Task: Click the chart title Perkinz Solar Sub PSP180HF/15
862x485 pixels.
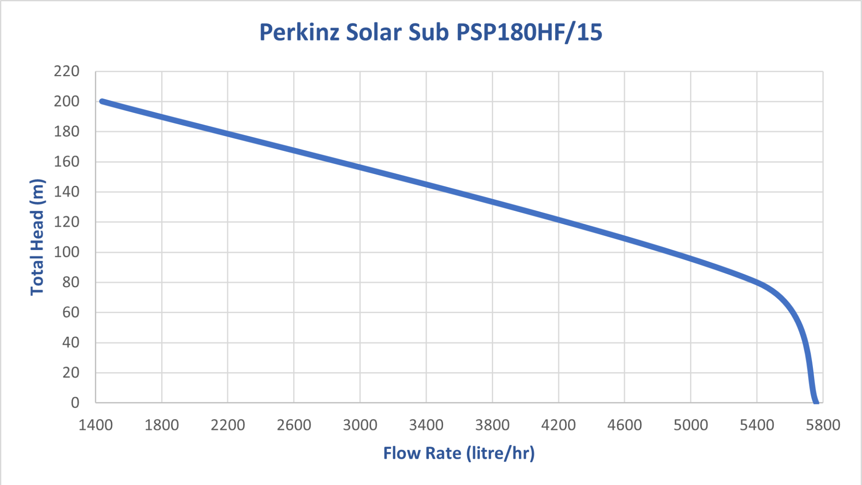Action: point(431,32)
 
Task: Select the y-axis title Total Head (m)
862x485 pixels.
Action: point(37,237)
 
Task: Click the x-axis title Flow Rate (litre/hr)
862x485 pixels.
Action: point(459,453)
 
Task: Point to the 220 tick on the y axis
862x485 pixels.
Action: point(67,72)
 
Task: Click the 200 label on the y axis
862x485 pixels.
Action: point(67,102)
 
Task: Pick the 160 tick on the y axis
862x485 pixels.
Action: point(67,162)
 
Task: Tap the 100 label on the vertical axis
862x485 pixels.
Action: point(67,252)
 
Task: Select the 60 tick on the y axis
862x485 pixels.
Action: point(71,312)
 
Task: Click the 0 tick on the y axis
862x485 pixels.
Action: point(75,403)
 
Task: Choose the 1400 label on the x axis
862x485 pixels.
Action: point(95,425)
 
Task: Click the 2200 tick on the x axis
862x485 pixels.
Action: point(228,425)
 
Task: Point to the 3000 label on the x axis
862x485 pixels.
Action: point(360,425)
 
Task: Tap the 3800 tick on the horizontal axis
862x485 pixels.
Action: point(492,425)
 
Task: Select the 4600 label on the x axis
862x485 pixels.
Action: point(625,425)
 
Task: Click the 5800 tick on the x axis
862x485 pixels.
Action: point(823,425)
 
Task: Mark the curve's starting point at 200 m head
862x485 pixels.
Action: point(102,102)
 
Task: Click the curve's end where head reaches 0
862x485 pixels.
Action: point(816,402)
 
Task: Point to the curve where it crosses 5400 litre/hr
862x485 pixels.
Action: point(757,282)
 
